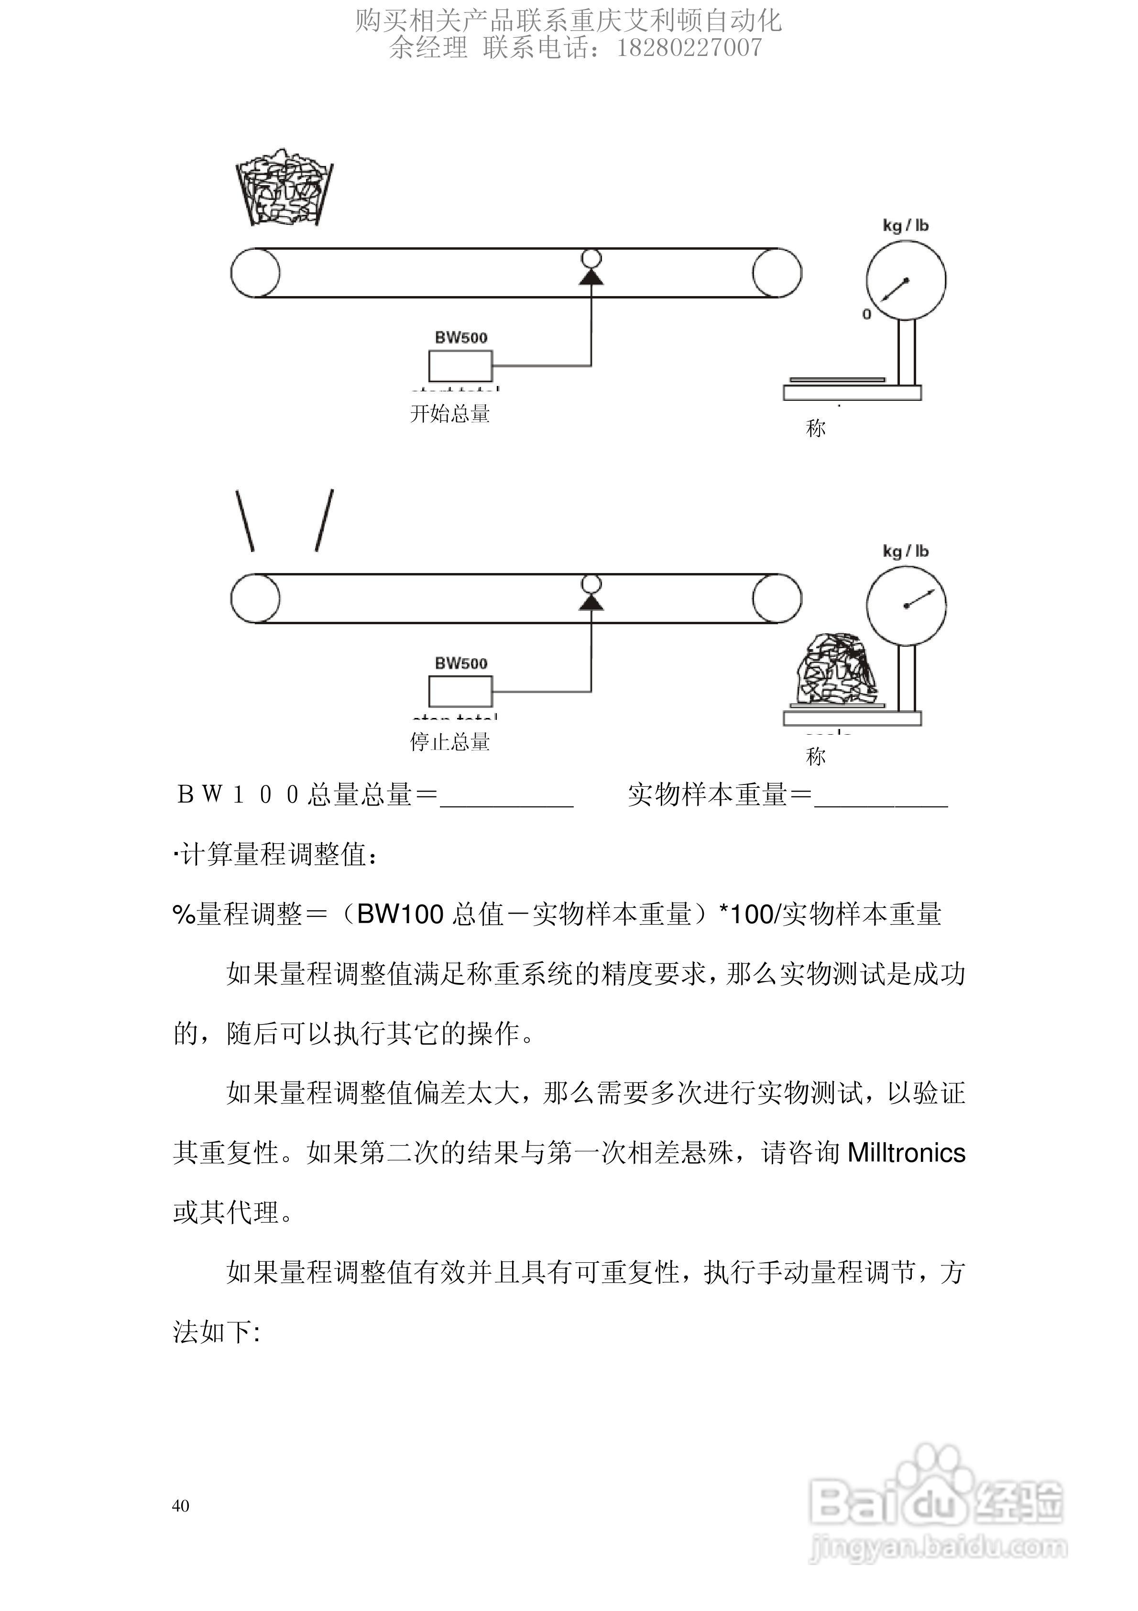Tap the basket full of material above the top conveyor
click(x=284, y=188)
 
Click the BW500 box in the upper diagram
click(x=460, y=365)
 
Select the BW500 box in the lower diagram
click(x=460, y=691)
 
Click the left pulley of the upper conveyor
click(x=255, y=272)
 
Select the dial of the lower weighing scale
click(x=906, y=605)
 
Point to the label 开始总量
click(x=450, y=413)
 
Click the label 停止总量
click(x=450, y=742)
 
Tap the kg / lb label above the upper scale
click(x=905, y=225)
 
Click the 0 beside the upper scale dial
click(x=866, y=314)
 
